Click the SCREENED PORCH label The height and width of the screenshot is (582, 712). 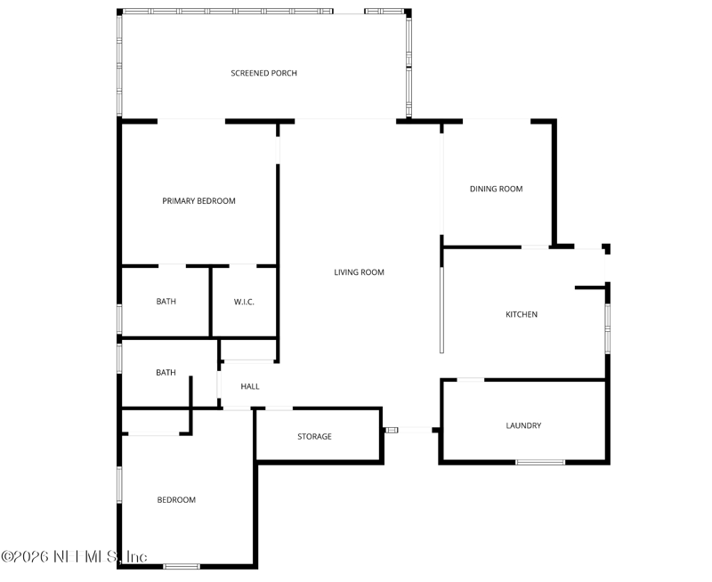[x=263, y=73]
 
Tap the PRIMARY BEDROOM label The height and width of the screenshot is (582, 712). [x=198, y=200]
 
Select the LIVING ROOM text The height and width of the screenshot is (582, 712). [x=360, y=272]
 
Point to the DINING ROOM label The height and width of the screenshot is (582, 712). [x=496, y=189]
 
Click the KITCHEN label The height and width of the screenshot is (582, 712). [x=522, y=314]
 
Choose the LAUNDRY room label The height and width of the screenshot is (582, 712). [x=523, y=425]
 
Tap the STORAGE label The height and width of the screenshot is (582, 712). [x=314, y=436]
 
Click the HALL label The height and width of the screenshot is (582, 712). [x=250, y=386]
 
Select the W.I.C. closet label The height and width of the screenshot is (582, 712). [x=244, y=302]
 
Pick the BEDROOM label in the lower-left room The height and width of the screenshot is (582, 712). [x=176, y=500]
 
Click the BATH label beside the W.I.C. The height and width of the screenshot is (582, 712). [x=166, y=302]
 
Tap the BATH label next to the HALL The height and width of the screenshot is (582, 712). [x=166, y=373]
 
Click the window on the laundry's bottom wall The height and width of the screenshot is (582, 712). [x=540, y=463]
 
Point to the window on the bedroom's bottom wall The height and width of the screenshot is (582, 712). [x=182, y=566]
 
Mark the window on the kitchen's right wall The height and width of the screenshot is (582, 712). [x=608, y=329]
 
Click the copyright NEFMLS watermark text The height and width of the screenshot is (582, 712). [x=74, y=556]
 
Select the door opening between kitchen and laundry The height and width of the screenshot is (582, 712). [x=471, y=380]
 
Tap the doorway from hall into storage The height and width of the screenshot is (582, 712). [x=279, y=408]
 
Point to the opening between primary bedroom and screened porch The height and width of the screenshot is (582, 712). [x=191, y=121]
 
